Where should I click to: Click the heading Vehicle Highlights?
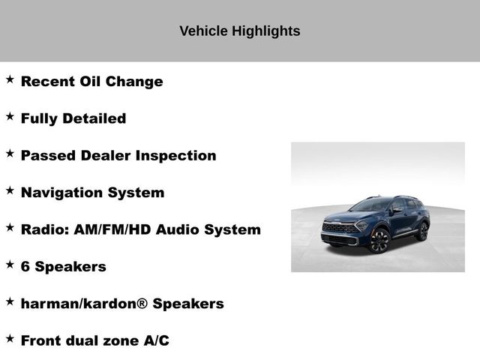click(x=240, y=31)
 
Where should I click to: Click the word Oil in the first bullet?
click(x=89, y=82)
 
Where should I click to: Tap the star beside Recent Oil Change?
click(x=10, y=79)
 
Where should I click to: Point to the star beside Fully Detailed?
click(x=10, y=116)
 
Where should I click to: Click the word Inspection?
click(x=176, y=156)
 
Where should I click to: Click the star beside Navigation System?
click(x=10, y=190)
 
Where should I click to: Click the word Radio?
click(x=45, y=229)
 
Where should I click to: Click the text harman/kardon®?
click(x=85, y=304)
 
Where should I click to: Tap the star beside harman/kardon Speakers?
click(x=10, y=301)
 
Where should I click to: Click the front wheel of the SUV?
click(x=379, y=240)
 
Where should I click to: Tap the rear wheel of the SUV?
click(x=423, y=231)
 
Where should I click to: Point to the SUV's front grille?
click(x=340, y=229)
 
